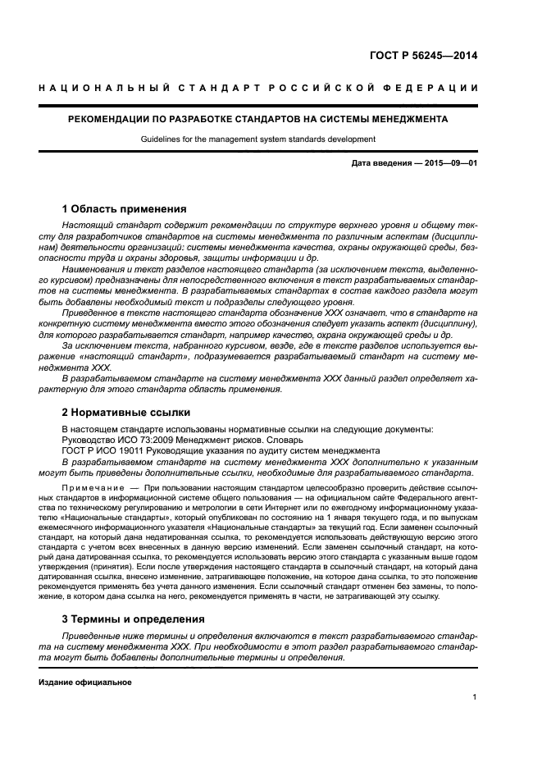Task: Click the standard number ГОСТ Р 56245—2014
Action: [427, 57]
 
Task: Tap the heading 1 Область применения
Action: [125, 208]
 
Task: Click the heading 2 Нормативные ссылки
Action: [126, 412]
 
